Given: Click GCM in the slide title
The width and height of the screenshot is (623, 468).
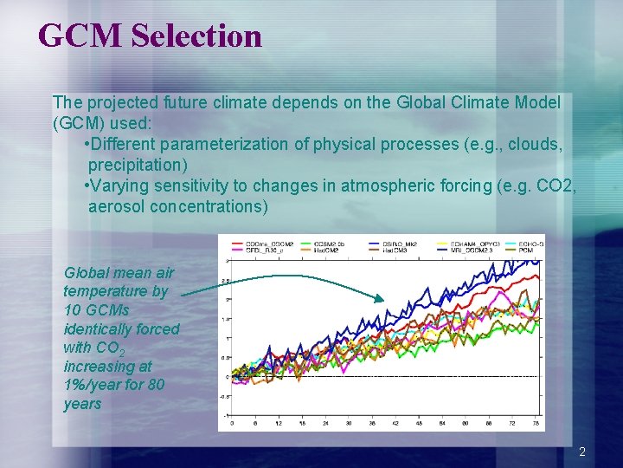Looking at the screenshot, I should pos(82,36).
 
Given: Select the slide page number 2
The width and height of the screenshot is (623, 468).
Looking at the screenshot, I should pos(582,452).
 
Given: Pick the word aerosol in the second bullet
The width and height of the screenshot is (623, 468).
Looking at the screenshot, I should pos(117,206).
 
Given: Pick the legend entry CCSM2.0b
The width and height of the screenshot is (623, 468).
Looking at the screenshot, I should pos(337,244).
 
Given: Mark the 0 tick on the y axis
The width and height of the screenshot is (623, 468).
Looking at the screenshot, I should pos(226,376).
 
